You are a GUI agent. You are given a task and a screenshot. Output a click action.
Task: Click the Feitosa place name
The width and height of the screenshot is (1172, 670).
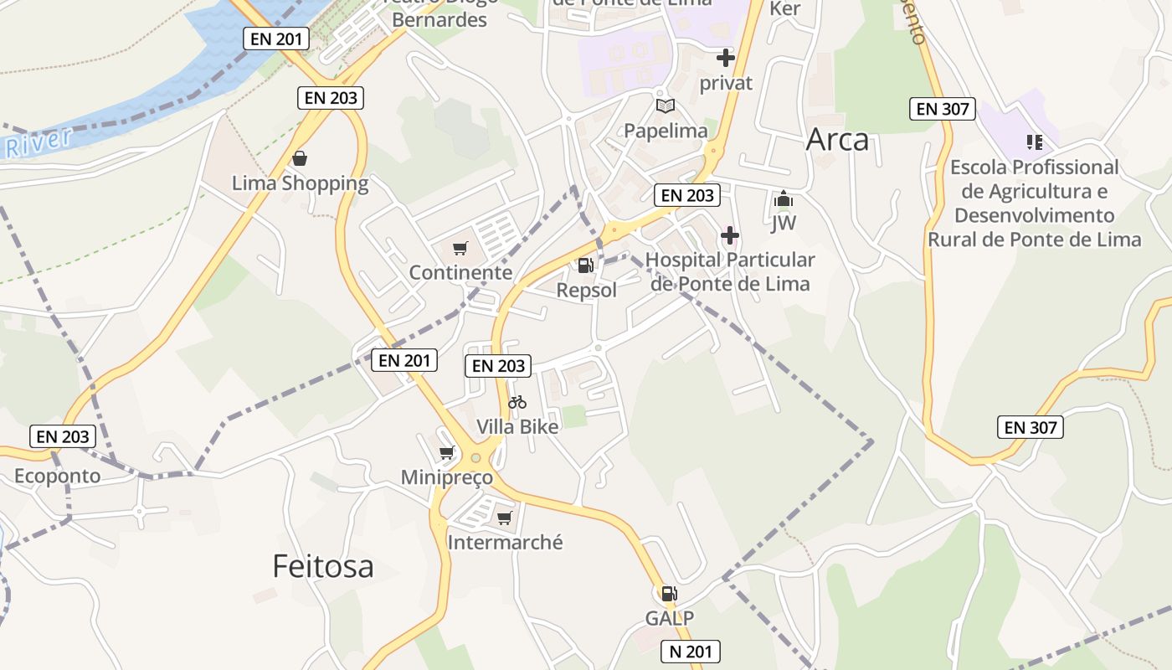click(x=323, y=567)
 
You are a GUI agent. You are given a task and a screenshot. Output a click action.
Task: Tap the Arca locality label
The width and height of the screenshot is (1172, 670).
click(x=837, y=140)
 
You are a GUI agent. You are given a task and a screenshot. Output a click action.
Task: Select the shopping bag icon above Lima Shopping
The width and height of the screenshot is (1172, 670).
click(x=300, y=158)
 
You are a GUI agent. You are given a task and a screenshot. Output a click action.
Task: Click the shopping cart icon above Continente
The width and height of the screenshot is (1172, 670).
click(x=460, y=248)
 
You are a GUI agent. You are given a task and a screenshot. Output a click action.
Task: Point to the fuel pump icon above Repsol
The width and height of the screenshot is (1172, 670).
click(x=586, y=265)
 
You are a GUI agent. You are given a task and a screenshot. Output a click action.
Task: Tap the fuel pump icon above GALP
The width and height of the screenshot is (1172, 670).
click(x=669, y=594)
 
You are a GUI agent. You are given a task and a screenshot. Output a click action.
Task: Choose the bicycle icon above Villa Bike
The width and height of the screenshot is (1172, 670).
click(x=517, y=402)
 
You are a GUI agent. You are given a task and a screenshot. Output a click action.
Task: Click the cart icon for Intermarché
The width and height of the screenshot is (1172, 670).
click(x=504, y=518)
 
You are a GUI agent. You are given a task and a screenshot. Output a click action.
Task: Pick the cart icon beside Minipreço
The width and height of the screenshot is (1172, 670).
click(x=447, y=453)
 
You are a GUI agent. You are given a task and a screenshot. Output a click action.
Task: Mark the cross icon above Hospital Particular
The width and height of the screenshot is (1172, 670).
click(x=730, y=235)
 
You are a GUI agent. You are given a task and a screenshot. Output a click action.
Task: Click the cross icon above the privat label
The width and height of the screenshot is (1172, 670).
click(x=726, y=58)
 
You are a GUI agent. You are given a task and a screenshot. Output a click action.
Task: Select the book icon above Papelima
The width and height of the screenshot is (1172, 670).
click(x=666, y=106)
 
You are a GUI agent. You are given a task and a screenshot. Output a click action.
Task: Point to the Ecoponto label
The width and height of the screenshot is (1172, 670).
click(x=57, y=477)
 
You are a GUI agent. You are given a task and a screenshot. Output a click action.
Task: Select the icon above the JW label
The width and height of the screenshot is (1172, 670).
click(x=784, y=199)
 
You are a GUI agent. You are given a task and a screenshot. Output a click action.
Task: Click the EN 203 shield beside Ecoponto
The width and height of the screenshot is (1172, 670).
click(x=63, y=436)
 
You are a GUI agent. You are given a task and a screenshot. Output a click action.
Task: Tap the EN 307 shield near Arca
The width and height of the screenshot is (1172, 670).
click(x=943, y=109)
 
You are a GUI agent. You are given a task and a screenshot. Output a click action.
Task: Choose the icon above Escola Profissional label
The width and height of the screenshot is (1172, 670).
click(x=1035, y=142)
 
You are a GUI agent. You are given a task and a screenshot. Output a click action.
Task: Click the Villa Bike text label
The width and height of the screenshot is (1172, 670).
click(x=517, y=426)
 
